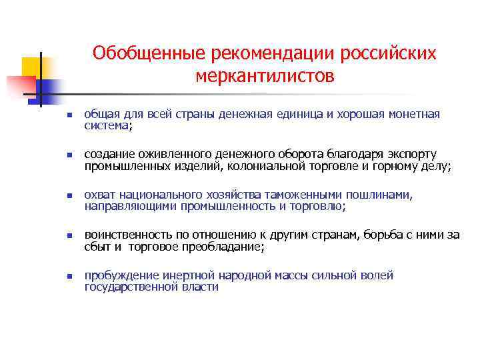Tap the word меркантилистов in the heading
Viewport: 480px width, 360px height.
[265, 77]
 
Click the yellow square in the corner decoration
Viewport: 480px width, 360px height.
[31, 67]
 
